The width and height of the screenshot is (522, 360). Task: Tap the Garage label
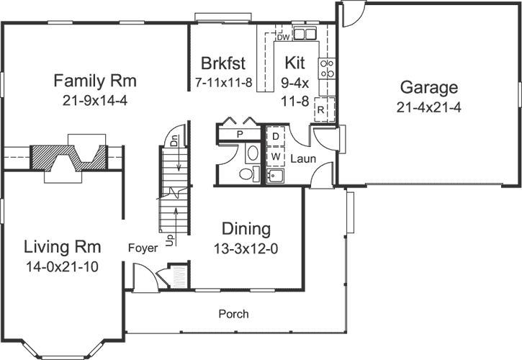point(429,88)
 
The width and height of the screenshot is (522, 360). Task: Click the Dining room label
point(246,229)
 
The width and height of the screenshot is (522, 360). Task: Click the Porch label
point(234,314)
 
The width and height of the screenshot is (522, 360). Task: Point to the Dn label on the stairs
point(174,142)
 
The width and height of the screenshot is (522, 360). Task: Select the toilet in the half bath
point(247,173)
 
